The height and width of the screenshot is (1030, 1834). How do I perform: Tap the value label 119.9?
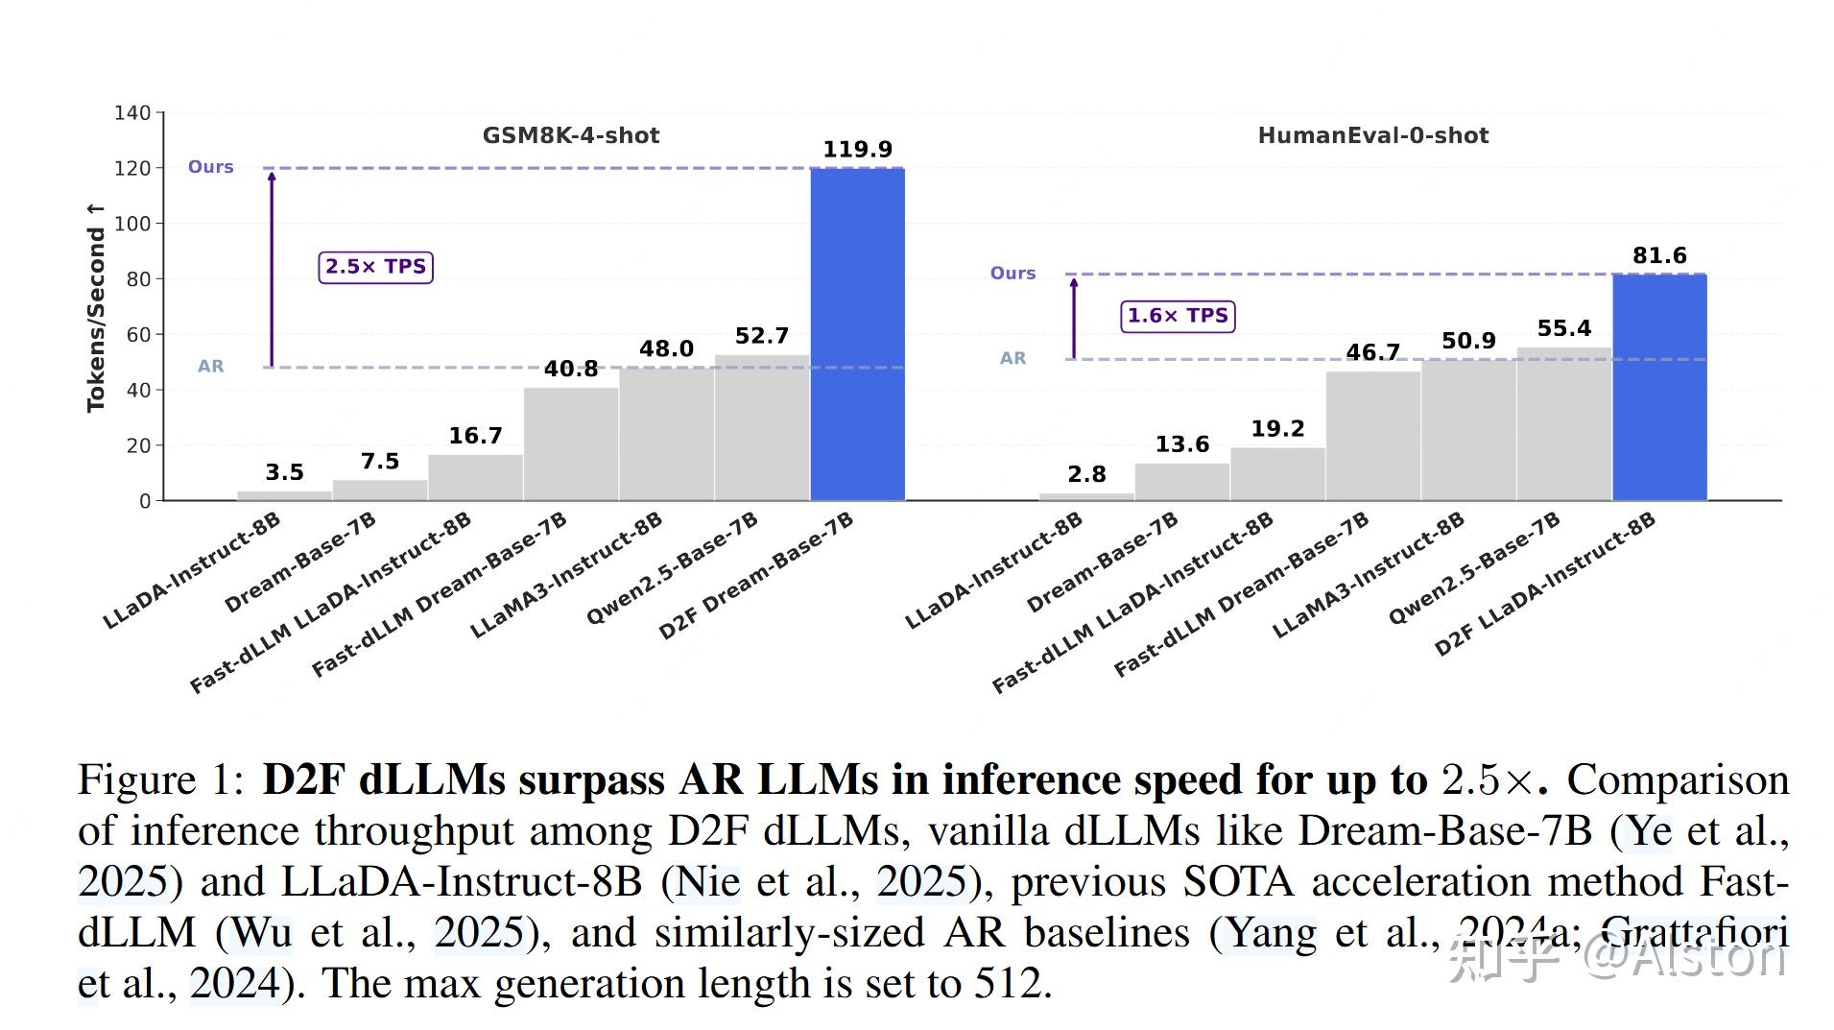pos(857,150)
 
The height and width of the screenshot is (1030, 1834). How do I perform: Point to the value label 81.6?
pos(1659,256)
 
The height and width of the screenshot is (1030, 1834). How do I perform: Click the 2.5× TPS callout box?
pos(375,267)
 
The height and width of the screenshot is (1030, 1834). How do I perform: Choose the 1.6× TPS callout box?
pos(1178,316)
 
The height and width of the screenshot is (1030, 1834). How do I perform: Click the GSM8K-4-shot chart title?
pos(570,135)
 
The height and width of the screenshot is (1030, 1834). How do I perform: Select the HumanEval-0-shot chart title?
pos(1372,135)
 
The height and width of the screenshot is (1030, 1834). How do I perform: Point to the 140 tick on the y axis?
pos(132,113)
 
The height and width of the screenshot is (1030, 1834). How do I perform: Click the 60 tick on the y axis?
pos(138,335)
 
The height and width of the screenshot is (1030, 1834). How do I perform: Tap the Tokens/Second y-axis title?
pos(95,307)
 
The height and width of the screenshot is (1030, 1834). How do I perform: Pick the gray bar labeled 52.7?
pos(762,428)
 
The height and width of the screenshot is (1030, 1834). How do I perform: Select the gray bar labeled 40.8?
pos(571,443)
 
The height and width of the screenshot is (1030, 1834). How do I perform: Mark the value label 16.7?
pos(475,436)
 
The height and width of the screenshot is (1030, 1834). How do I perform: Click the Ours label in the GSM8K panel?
pos(210,167)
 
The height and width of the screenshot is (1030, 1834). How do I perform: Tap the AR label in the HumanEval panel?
pos(1012,358)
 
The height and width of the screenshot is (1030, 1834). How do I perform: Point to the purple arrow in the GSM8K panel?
pos(272,269)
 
